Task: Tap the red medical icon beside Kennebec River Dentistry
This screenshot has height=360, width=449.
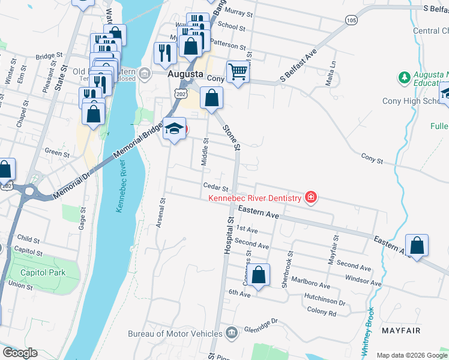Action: pyautogui.click(x=310, y=197)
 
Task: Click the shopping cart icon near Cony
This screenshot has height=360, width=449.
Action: pyautogui.click(x=238, y=72)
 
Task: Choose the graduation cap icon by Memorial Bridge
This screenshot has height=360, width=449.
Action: pyautogui.click(x=174, y=129)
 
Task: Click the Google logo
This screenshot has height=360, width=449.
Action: pyautogui.click(x=20, y=352)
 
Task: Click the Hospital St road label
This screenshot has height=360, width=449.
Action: pyautogui.click(x=229, y=235)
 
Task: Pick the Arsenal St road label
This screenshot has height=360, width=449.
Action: pyautogui.click(x=161, y=209)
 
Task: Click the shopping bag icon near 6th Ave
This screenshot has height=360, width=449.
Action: pyautogui.click(x=259, y=275)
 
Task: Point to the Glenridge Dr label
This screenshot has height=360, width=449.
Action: pyautogui.click(x=261, y=329)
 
